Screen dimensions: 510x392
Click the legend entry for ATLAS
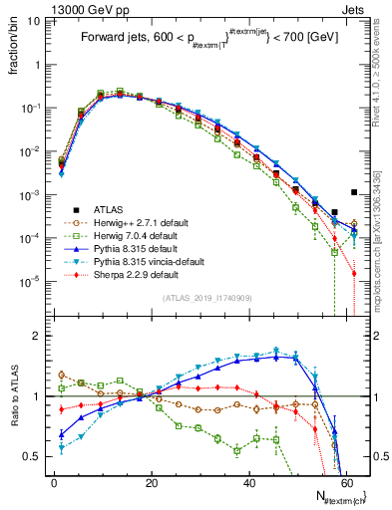[95, 211]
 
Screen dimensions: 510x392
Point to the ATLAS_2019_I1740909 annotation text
[206, 298]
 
